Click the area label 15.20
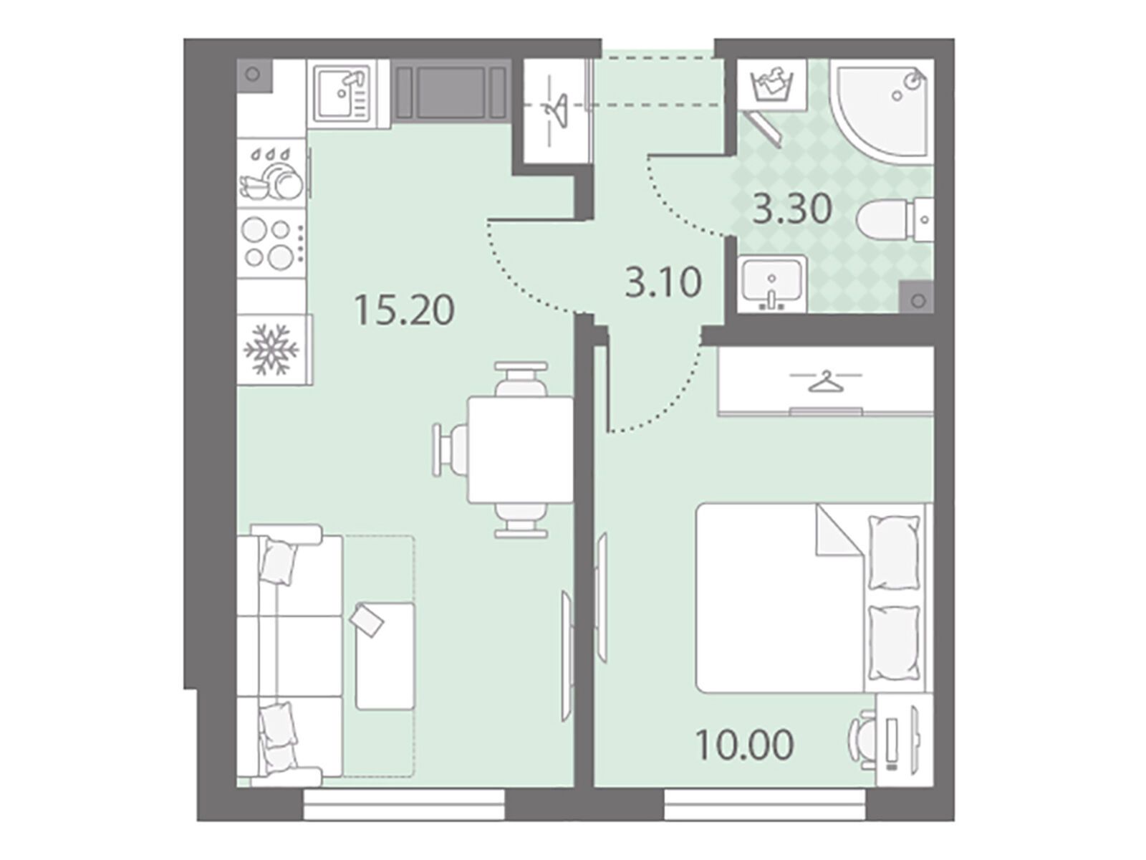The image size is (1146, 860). [404, 310]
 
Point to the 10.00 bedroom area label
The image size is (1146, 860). [744, 745]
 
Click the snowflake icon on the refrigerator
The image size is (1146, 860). [271, 349]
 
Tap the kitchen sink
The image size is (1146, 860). [349, 93]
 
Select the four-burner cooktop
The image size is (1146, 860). [271, 243]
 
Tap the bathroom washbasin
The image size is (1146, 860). [772, 284]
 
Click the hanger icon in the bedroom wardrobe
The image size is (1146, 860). [825, 381]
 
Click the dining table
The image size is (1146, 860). [520, 449]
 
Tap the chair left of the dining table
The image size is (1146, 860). [450, 449]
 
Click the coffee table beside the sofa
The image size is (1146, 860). [385, 656]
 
